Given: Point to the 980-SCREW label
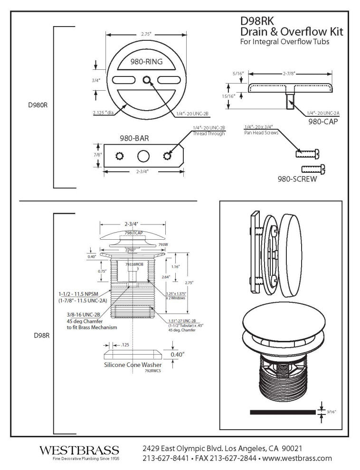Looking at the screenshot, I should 297,180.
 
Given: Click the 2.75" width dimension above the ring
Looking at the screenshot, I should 146,34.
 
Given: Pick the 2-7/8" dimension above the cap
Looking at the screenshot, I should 290,74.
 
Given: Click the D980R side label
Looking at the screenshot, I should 38,105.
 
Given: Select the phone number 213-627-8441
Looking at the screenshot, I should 164,458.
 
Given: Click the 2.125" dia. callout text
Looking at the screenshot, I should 104,113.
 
